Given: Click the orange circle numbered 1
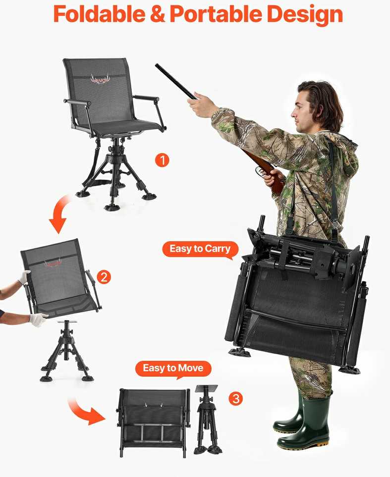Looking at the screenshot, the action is click(162, 160).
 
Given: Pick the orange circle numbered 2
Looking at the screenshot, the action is click(104, 277).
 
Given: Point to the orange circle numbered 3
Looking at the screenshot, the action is click(236, 398).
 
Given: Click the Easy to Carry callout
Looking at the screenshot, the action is click(200, 250).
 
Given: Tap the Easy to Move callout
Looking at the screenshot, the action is click(173, 369).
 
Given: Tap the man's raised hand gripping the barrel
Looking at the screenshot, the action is click(199, 104).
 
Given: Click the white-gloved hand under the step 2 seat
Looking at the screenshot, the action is click(39, 319).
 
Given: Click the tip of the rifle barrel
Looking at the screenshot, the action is click(157, 65).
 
